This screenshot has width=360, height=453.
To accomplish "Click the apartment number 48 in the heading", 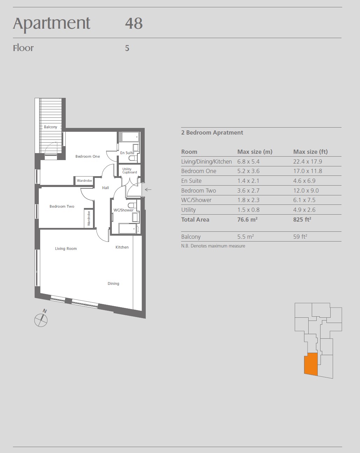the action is (134, 23).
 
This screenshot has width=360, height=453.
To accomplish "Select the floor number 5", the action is (127, 48).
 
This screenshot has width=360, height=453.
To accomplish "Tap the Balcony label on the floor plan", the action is (51, 127).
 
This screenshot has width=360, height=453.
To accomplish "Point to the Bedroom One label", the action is (88, 156).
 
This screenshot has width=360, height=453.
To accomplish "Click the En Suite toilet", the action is (132, 158).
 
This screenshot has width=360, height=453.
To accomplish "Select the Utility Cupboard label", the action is (129, 171).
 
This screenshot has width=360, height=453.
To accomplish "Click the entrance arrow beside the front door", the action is (148, 189).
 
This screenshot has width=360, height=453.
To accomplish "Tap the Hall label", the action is (106, 188).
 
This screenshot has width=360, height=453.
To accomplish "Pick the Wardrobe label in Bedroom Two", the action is (89, 218).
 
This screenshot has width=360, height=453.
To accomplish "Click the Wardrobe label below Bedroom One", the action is (84, 181).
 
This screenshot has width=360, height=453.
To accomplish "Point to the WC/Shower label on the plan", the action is (124, 210).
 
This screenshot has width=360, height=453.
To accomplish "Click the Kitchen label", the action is (122, 247).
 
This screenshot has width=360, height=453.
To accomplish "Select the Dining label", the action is (114, 283).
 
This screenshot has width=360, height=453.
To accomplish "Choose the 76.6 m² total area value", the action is (247, 220).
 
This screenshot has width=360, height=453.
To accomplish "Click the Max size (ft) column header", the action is (310, 152).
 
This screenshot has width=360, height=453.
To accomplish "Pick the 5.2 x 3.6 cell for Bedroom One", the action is (249, 171).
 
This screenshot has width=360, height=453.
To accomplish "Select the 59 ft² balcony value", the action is (300, 237).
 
